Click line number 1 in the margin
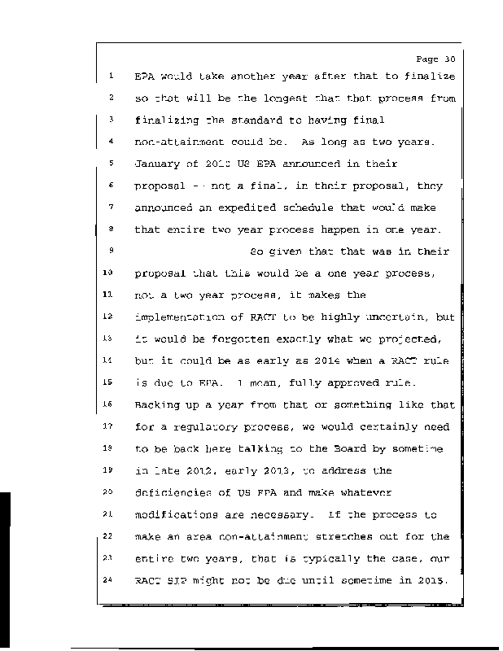click(x=110, y=76)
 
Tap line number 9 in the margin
click(x=110, y=251)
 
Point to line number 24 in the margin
click(x=110, y=579)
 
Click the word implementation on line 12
click(x=180, y=316)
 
